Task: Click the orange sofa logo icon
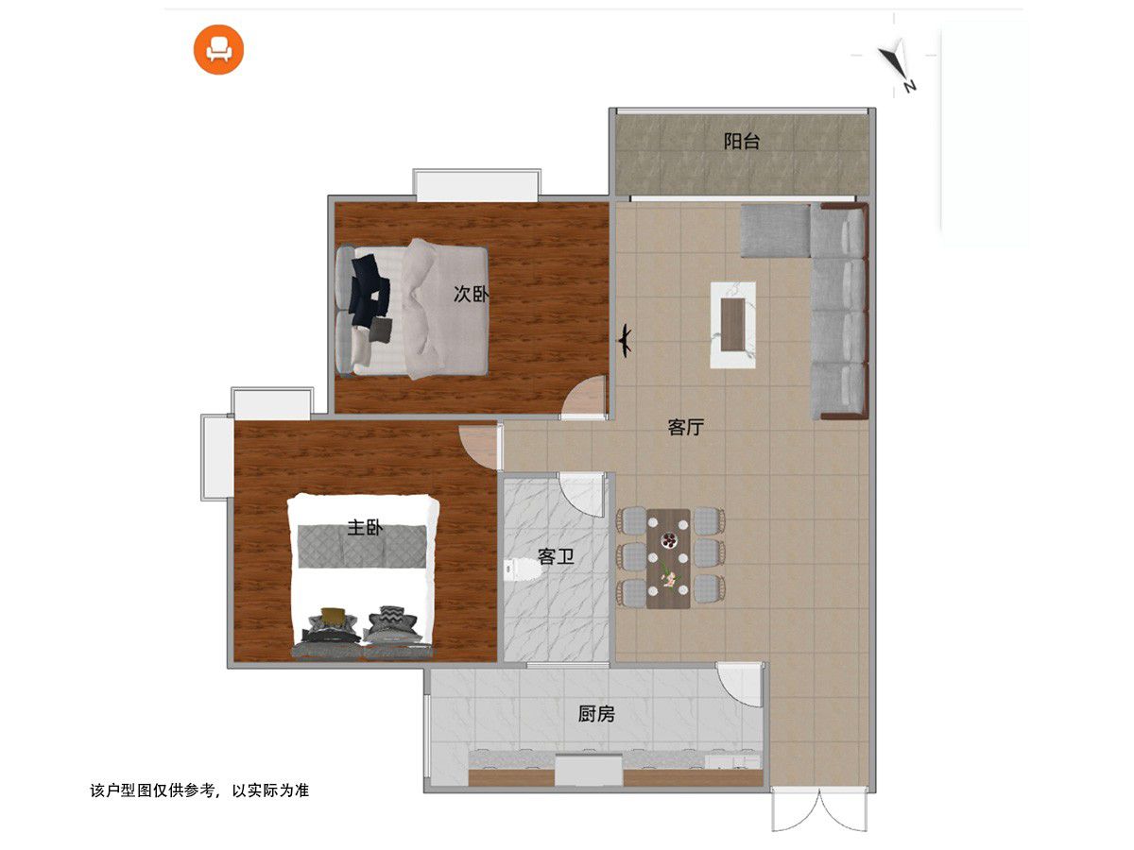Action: point(218,49)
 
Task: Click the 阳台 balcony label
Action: point(741,142)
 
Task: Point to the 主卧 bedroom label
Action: point(365,527)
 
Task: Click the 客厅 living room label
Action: point(685,427)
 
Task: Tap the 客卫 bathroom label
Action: point(556,556)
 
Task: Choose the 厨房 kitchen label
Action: point(596,714)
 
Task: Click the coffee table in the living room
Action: point(732,325)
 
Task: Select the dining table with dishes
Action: point(668,558)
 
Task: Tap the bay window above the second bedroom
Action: point(476,185)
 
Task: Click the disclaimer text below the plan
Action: point(199,790)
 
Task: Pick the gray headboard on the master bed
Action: point(362,546)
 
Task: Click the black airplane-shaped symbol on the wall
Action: point(626,340)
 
